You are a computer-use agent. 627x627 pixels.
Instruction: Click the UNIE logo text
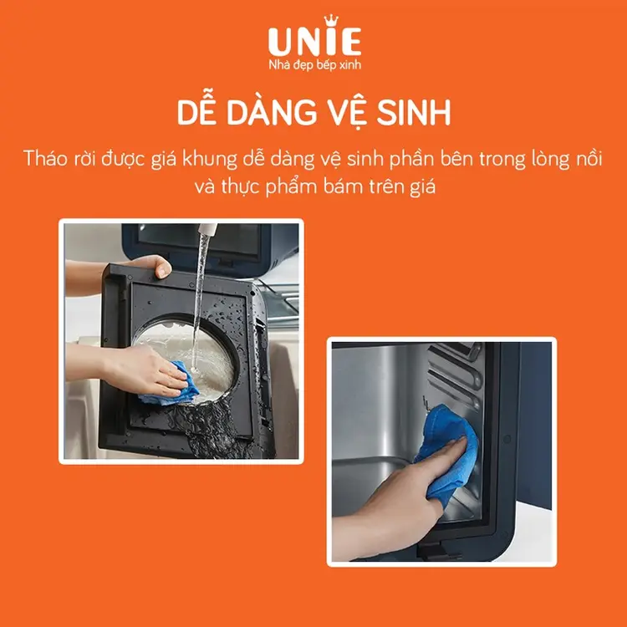313,42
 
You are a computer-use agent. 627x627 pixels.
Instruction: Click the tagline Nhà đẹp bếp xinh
313,65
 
